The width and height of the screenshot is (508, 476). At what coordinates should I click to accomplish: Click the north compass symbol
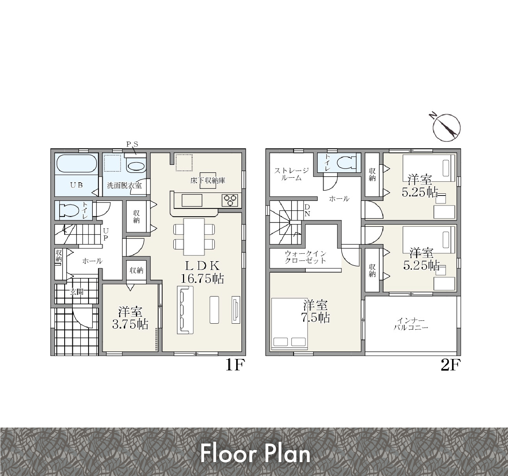click(x=446, y=127)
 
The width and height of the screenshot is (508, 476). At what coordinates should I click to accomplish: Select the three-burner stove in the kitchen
click(x=230, y=200)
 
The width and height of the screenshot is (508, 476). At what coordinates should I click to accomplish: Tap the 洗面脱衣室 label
click(x=124, y=185)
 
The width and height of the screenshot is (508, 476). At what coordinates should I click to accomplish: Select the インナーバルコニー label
click(x=411, y=324)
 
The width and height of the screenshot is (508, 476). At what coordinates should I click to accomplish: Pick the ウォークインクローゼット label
click(x=305, y=257)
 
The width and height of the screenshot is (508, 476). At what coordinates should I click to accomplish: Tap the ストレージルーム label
click(x=291, y=174)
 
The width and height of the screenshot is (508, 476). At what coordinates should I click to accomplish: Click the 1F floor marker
click(x=235, y=365)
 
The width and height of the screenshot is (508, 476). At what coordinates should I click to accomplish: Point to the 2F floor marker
click(x=451, y=365)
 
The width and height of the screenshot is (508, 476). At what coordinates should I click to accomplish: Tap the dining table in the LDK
click(x=194, y=237)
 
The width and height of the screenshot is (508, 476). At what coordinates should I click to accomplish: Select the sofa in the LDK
click(x=185, y=310)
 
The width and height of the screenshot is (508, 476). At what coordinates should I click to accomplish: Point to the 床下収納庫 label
click(x=208, y=181)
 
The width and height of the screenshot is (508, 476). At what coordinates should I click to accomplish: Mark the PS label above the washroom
click(x=132, y=145)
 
